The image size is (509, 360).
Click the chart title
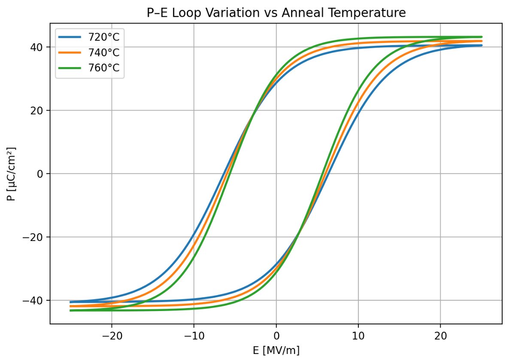276,13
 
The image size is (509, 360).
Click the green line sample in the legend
71,68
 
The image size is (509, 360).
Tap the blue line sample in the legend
71,37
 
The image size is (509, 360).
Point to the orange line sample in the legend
71,53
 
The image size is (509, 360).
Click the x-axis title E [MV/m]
276,351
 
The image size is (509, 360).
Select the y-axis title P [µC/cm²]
11,174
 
